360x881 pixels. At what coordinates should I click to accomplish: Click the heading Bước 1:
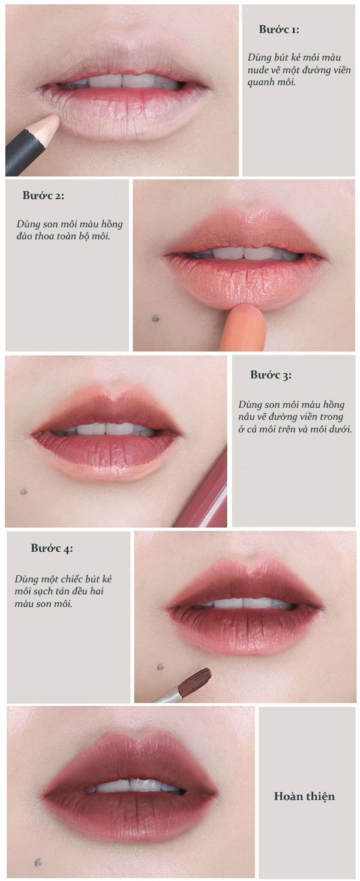279,30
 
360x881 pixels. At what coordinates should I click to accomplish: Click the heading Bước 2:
43,196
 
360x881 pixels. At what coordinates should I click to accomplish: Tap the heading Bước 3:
271,375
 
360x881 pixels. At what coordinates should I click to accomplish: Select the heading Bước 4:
52,548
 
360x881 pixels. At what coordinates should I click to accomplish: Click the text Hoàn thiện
304,796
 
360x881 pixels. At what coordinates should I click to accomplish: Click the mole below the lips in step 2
156,318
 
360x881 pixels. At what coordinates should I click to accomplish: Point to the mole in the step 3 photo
24,492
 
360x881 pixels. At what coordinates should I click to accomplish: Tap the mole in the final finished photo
38,862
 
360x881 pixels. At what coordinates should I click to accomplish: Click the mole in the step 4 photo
160,666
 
